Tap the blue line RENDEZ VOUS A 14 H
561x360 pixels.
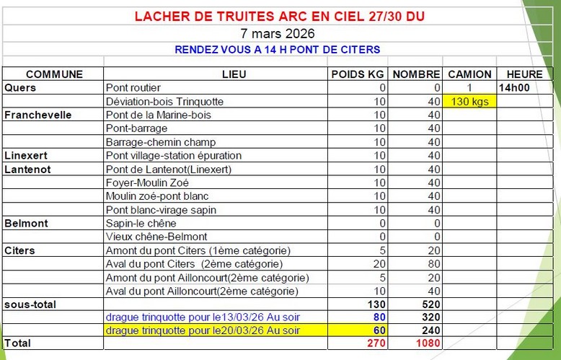pyautogui.click(x=278, y=49)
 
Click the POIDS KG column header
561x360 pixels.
pyautogui.click(x=358, y=74)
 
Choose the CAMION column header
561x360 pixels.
pyautogui.click(x=469, y=74)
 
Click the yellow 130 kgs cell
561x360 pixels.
pyautogui.click(x=469, y=101)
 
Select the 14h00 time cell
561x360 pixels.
pyautogui.click(x=513, y=87)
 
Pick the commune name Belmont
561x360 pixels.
pyautogui.click(x=26, y=223)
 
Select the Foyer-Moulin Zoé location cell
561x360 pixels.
pyautogui.click(x=148, y=183)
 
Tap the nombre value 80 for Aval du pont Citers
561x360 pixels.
pyautogui.click(x=433, y=263)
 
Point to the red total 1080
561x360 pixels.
pyautogui.click(x=426, y=343)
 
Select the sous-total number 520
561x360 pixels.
pyautogui.click(x=429, y=304)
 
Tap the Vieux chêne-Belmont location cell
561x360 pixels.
pyautogui.click(x=156, y=236)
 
